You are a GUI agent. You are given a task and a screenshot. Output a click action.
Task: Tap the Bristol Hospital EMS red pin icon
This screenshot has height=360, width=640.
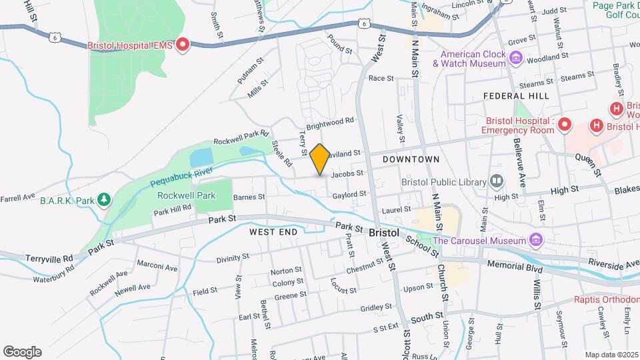tap(182, 45)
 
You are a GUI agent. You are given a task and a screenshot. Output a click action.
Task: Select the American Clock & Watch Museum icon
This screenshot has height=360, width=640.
tap(515, 59)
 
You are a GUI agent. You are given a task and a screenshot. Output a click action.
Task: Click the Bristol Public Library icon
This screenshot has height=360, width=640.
tap(497, 181)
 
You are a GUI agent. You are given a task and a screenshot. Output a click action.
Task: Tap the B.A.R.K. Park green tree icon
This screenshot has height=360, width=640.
tap(103, 199)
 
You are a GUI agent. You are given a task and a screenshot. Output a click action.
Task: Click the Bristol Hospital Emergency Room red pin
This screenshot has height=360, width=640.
tap(564, 125)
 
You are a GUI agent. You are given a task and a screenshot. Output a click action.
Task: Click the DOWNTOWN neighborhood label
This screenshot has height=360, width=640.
tap(411, 159)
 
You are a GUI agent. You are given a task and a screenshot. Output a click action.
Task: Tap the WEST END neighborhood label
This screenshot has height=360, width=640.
tap(272, 232)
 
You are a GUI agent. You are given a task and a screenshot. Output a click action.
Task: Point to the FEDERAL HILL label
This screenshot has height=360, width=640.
tap(516, 96)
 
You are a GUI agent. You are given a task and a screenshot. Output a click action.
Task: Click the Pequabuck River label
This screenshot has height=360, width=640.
tap(181, 175)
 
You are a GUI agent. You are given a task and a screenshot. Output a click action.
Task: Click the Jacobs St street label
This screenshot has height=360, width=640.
tap(347, 173)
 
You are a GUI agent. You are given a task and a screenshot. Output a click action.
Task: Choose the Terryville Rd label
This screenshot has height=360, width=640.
tap(49, 258)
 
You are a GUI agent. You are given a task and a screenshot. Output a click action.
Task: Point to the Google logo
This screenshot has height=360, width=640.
tap(22, 352)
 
